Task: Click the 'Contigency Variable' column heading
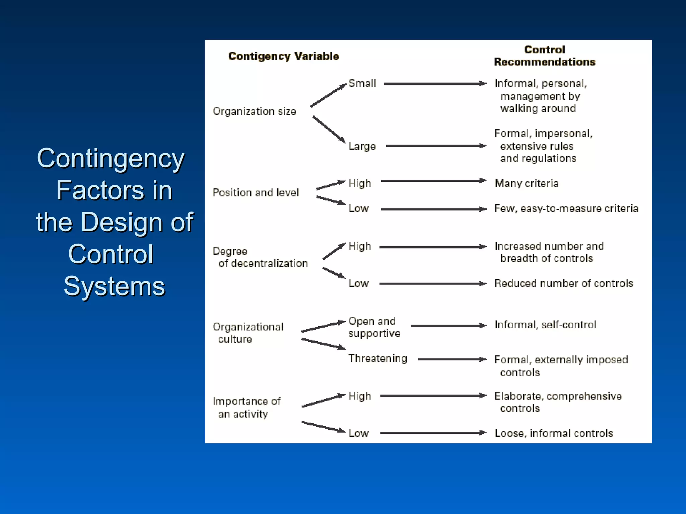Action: [x=283, y=56]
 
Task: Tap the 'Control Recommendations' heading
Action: [x=544, y=56]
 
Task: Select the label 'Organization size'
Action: [x=254, y=111]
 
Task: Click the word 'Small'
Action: [x=362, y=83]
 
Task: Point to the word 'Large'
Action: [x=362, y=146]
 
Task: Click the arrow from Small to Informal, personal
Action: [x=435, y=84]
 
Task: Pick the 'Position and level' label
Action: [x=256, y=193]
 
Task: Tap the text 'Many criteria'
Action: [x=527, y=183]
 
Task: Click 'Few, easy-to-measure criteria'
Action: [x=566, y=208]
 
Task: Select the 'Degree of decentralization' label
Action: [x=260, y=257]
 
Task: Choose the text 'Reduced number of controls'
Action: [x=564, y=283]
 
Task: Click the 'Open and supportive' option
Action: [x=374, y=327]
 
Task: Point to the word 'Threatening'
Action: [x=378, y=358]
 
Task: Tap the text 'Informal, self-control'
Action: [x=545, y=325]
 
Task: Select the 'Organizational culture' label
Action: [x=248, y=333]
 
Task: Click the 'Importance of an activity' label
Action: [x=247, y=408]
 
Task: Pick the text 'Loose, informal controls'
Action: [x=554, y=433]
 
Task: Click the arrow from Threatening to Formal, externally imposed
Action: [x=452, y=359]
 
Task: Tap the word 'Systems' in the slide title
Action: [x=114, y=286]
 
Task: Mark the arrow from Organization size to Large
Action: [x=329, y=129]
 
